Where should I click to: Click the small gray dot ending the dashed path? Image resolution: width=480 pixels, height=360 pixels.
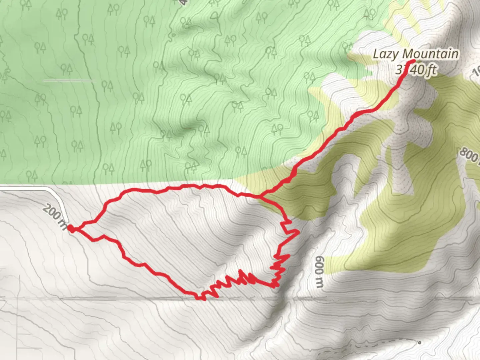(419, 342)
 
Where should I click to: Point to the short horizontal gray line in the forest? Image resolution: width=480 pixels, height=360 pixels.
(69, 80)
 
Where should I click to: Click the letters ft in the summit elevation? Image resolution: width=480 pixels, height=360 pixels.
(431, 70)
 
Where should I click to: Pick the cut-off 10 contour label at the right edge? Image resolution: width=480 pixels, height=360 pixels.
(477, 72)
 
